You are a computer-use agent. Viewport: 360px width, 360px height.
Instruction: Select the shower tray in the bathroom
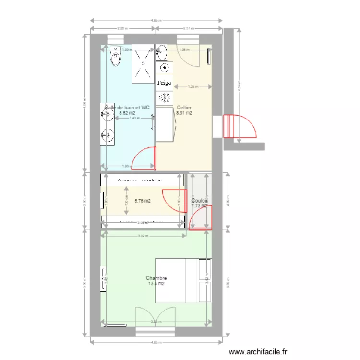point(143,64)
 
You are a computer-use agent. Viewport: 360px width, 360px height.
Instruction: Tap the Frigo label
point(164,83)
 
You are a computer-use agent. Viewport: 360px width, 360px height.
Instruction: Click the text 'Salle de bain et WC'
point(127,108)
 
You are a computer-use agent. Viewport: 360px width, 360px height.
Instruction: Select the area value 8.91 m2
point(184,113)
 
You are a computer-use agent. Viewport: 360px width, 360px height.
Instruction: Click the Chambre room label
point(156,278)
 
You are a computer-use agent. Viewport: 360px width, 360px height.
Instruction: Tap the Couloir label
point(200,201)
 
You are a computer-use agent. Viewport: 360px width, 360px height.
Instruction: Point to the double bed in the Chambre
point(183,281)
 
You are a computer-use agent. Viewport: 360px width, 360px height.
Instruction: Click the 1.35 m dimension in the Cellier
point(192,87)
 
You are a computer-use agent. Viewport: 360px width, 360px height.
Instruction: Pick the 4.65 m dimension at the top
point(156,21)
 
